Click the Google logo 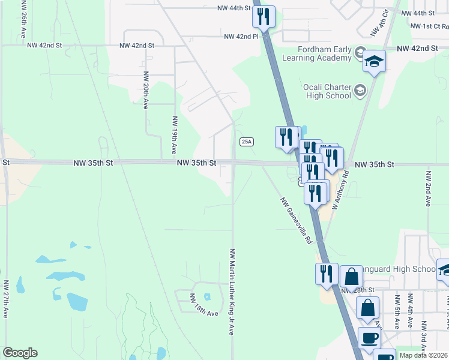(20, 353)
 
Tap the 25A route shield (246, 142)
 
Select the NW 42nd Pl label (241, 37)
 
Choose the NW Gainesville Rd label (296, 221)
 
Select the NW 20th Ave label (145, 90)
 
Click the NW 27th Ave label (6, 298)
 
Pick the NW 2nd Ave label (428, 188)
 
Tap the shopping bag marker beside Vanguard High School (351, 277)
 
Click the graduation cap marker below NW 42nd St (375, 61)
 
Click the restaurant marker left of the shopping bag (327, 273)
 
